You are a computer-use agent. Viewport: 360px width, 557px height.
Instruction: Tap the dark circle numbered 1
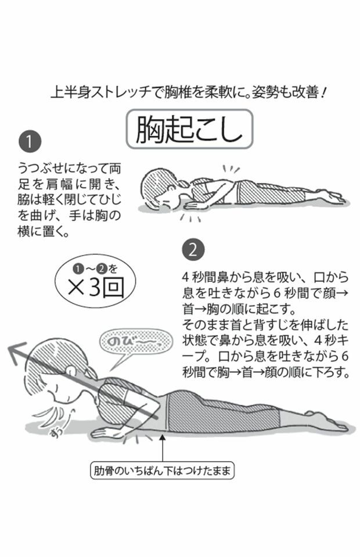pyautogui.click(x=28, y=142)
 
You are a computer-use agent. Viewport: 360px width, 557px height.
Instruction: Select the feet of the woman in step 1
pyautogui.click(x=335, y=197)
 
